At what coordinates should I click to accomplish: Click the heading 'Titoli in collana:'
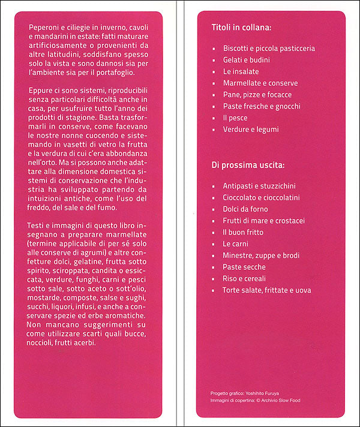(x=242, y=28)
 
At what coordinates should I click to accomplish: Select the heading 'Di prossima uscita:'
(x=248, y=164)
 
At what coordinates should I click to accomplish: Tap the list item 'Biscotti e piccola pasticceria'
(x=269, y=48)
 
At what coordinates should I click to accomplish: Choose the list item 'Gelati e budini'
(x=246, y=60)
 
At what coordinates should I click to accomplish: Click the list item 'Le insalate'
(x=241, y=71)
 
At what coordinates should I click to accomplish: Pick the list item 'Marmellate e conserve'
(x=260, y=83)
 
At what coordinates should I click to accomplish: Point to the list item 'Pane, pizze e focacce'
(x=257, y=95)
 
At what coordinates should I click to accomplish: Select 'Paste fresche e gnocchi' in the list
(x=261, y=106)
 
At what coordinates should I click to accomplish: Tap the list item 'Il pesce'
(x=235, y=118)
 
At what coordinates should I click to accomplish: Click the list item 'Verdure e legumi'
(x=251, y=129)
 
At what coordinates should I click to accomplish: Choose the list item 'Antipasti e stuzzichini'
(x=259, y=186)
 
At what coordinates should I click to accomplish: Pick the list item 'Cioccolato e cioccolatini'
(x=262, y=197)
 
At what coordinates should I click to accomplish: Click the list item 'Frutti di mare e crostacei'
(x=263, y=221)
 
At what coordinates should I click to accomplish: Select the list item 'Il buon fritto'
(x=243, y=232)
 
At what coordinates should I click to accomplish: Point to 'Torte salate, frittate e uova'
(x=267, y=290)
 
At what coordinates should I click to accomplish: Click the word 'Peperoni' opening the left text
(x=45, y=29)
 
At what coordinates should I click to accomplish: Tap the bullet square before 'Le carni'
(x=214, y=244)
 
